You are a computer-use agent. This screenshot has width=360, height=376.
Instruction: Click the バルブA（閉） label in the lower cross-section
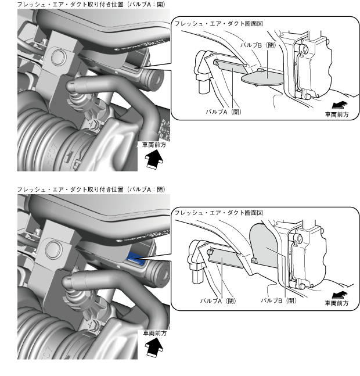click(218, 300)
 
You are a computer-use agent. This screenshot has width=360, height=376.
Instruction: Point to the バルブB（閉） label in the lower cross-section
click(279, 300)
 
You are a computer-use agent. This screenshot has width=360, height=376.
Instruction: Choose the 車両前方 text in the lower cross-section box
click(337, 303)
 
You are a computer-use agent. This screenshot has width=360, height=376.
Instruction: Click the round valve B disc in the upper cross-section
click(261, 75)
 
